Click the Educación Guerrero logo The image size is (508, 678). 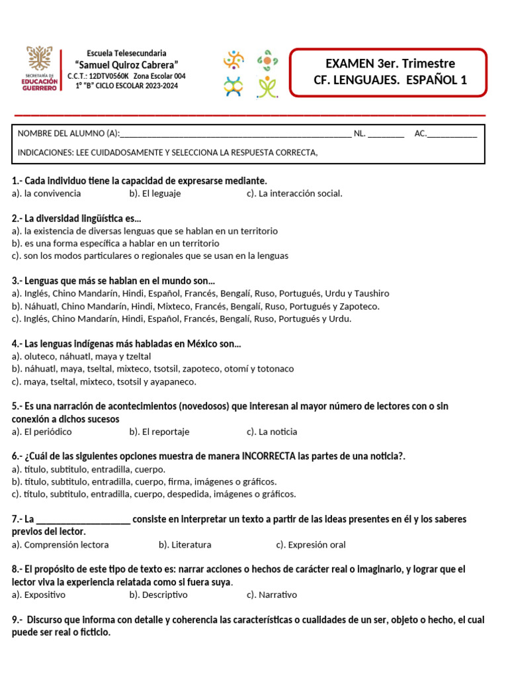41,69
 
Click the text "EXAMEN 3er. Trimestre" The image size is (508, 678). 390,64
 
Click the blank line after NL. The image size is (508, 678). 386,134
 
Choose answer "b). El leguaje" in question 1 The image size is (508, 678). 155,193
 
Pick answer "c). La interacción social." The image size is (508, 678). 294,193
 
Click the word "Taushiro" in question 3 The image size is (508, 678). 371,293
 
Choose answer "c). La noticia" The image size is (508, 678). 272,432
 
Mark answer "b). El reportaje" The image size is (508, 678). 159,432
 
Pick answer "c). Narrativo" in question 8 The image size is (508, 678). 272,595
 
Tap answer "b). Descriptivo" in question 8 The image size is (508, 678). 159,595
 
